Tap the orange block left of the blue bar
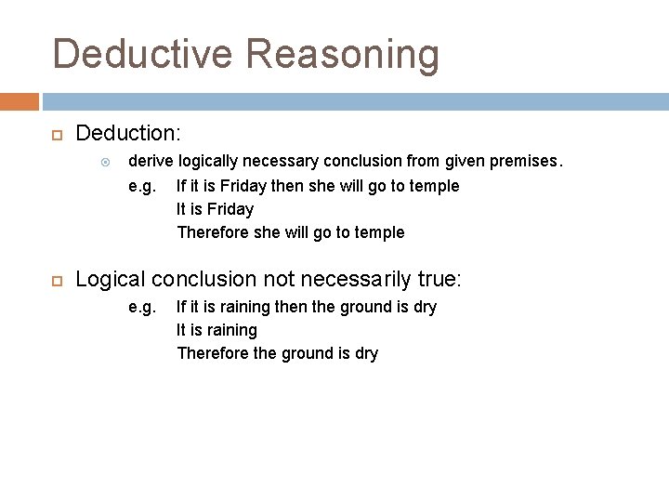20,100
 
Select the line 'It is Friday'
215,209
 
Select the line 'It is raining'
217,330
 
